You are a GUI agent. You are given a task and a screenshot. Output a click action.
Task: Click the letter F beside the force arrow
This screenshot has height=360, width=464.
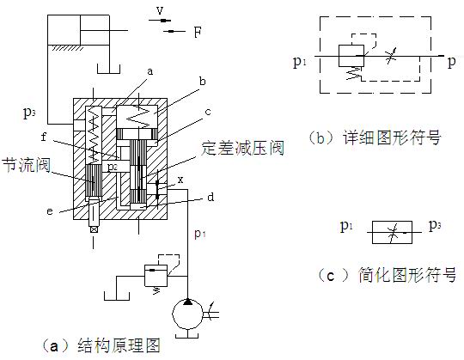click(198, 32)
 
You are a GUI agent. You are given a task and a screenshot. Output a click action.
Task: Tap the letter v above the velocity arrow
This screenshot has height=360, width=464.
click(160, 10)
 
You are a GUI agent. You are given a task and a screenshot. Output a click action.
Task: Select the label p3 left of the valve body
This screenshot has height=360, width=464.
click(29, 113)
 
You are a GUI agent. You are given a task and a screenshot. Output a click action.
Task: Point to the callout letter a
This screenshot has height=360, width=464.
click(150, 71)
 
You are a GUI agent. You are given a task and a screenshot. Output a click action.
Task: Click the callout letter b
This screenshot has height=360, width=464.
click(203, 81)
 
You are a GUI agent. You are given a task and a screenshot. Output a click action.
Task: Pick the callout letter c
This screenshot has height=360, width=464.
click(208, 112)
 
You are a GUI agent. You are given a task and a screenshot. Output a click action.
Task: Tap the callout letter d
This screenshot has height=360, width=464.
click(211, 197)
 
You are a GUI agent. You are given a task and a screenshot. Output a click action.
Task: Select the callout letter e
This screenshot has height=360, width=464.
click(50, 211)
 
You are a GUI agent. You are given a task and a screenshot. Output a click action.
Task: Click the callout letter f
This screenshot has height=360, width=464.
click(44, 137)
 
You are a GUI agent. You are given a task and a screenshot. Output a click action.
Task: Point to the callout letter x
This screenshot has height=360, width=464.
click(180, 180)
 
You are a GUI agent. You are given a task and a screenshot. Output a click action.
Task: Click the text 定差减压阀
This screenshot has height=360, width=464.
click(242, 148)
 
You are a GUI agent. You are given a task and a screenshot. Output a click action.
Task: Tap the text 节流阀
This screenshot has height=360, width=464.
click(27, 165)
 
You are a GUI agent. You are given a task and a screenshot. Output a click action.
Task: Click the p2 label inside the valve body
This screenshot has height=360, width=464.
click(113, 168)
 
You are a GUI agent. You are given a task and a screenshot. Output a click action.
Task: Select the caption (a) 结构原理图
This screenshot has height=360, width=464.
click(101, 345)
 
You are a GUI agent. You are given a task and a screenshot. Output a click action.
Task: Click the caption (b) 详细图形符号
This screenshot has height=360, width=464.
click(375, 137)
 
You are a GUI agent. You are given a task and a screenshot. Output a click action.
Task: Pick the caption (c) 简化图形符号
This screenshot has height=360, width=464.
click(387, 275)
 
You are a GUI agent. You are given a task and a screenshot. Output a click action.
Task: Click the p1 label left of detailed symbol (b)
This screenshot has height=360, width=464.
click(299, 62)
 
